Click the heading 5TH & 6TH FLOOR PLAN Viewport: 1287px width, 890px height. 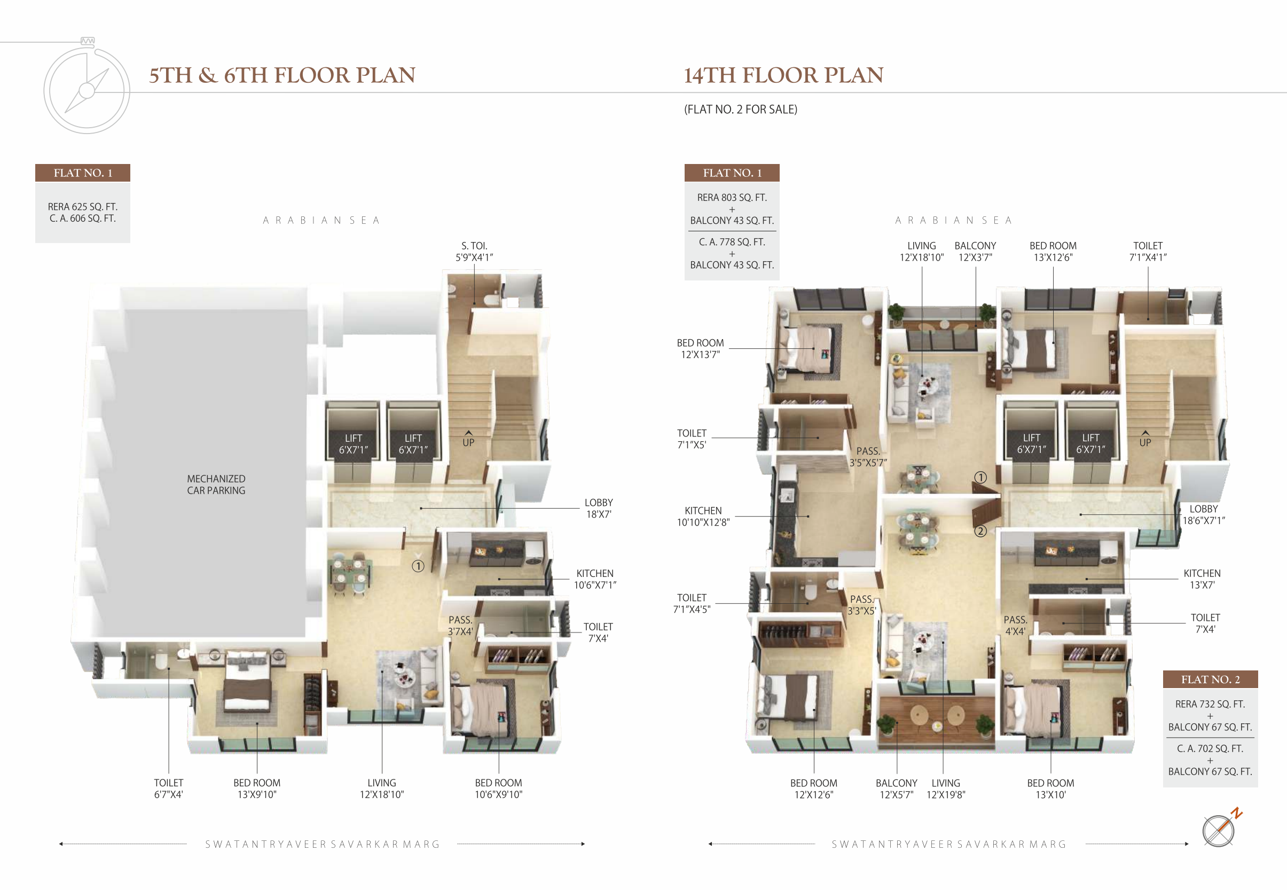tap(282, 75)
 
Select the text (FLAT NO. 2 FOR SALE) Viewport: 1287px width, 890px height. tap(741, 110)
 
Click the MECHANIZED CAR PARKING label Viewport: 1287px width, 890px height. tap(216, 485)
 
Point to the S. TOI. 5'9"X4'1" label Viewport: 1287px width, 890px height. tap(474, 252)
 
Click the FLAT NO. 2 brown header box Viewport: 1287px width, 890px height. tap(1210, 679)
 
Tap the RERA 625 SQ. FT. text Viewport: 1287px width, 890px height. tap(82, 207)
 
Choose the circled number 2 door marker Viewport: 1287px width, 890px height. tap(980, 531)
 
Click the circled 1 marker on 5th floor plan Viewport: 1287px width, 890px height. tap(418, 566)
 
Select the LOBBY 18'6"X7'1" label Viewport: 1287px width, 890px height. tap(1203, 514)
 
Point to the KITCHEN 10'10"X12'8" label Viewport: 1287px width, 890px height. tap(703, 517)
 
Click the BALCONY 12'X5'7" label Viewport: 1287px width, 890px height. tap(896, 788)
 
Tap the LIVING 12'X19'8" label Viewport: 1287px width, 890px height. tap(946, 788)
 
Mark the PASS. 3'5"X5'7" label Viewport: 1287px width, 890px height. tap(868, 457)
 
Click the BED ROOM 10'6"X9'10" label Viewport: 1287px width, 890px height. tap(498, 788)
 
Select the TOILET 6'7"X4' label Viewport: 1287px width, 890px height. tap(168, 788)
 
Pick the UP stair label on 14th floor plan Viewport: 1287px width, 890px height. tap(1145, 439)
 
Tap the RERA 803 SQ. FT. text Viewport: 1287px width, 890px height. tap(732, 198)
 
